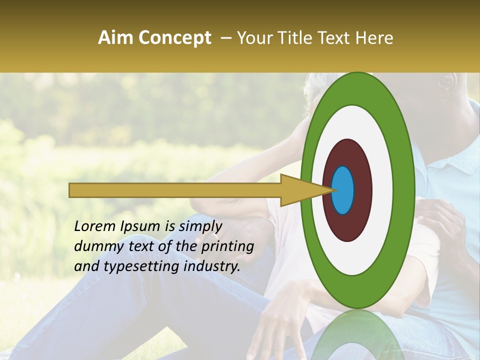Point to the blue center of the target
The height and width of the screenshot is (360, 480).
(342, 190)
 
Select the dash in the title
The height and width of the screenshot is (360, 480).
(225, 38)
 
